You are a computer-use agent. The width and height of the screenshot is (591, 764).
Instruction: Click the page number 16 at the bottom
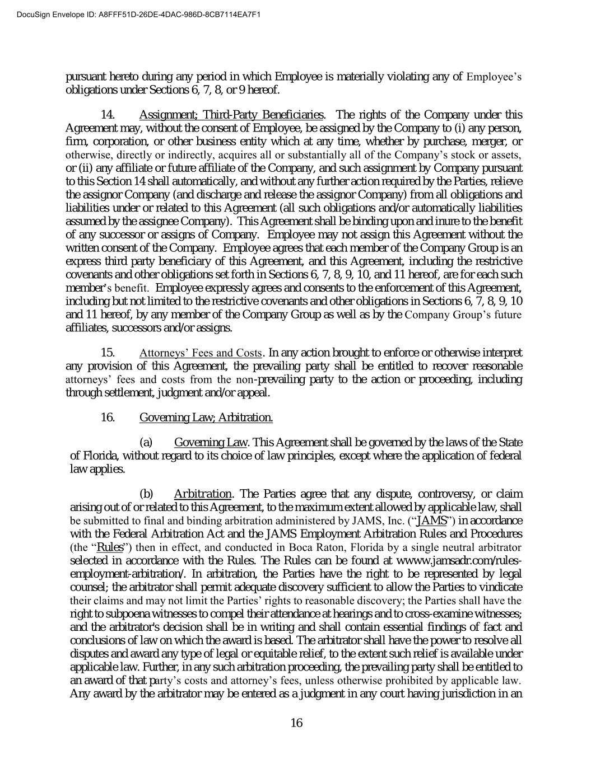[296, 723]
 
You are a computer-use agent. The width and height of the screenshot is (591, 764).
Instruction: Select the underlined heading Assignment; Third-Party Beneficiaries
[231, 115]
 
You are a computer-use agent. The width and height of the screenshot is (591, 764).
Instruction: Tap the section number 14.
[108, 115]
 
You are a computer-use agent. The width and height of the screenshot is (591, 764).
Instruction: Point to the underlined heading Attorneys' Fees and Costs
[200, 353]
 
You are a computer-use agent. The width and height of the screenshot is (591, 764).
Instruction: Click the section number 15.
[108, 353]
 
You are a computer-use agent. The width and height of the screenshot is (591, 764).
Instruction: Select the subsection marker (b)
[146, 494]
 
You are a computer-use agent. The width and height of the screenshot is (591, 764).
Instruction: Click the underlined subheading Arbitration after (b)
[203, 494]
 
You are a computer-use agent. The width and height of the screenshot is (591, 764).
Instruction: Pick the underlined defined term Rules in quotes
[110, 547]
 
